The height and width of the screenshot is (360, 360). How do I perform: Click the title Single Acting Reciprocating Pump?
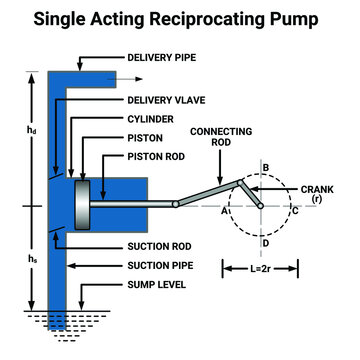[180, 20]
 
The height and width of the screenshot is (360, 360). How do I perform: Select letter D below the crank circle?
[264, 243]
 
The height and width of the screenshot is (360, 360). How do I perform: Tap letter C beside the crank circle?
[295, 211]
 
